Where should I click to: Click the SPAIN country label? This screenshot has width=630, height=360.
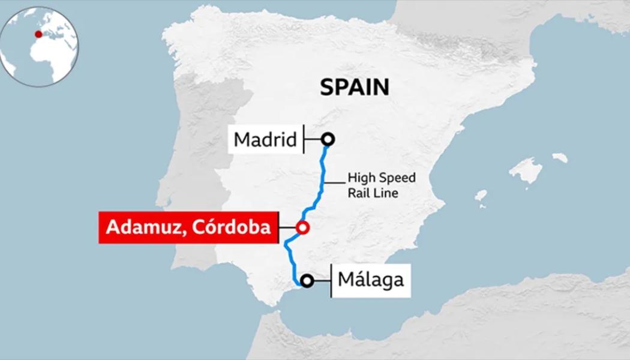coord(355,87)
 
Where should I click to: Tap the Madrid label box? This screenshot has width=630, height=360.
coord(265,140)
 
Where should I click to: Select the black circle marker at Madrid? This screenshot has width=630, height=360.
coord(328,140)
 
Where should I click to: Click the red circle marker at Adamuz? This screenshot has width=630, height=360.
coord(302,227)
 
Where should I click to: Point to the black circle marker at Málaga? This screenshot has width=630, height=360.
coord(307,280)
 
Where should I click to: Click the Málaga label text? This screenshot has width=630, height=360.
coord(370,280)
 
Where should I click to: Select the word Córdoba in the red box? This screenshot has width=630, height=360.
coord(230,227)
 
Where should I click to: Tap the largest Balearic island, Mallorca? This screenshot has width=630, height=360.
coord(526,170)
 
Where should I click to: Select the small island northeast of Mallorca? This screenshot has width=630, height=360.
coord(559,158)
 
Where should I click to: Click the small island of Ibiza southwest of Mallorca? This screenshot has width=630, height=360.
coord(481,196)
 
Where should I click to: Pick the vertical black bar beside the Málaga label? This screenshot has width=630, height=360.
coord(332,280)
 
